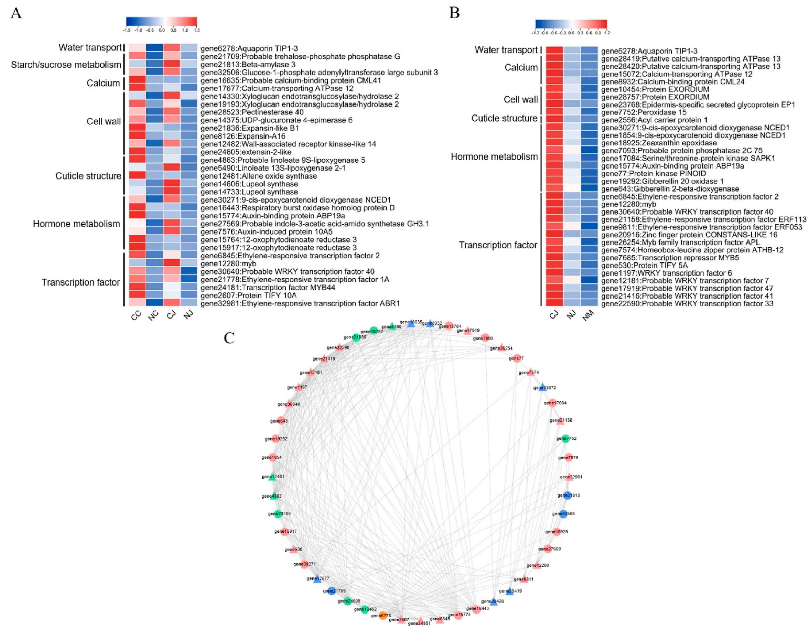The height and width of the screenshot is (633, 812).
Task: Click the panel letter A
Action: tap(16, 13)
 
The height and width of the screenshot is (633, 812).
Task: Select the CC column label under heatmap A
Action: tap(136, 316)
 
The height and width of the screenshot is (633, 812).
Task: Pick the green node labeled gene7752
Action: tap(566, 439)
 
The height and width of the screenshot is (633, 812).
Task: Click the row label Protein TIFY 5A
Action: tap(644, 265)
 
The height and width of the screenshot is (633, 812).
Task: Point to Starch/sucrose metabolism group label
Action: tap(66, 65)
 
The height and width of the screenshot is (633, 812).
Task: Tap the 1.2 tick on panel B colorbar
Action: tap(607, 33)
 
